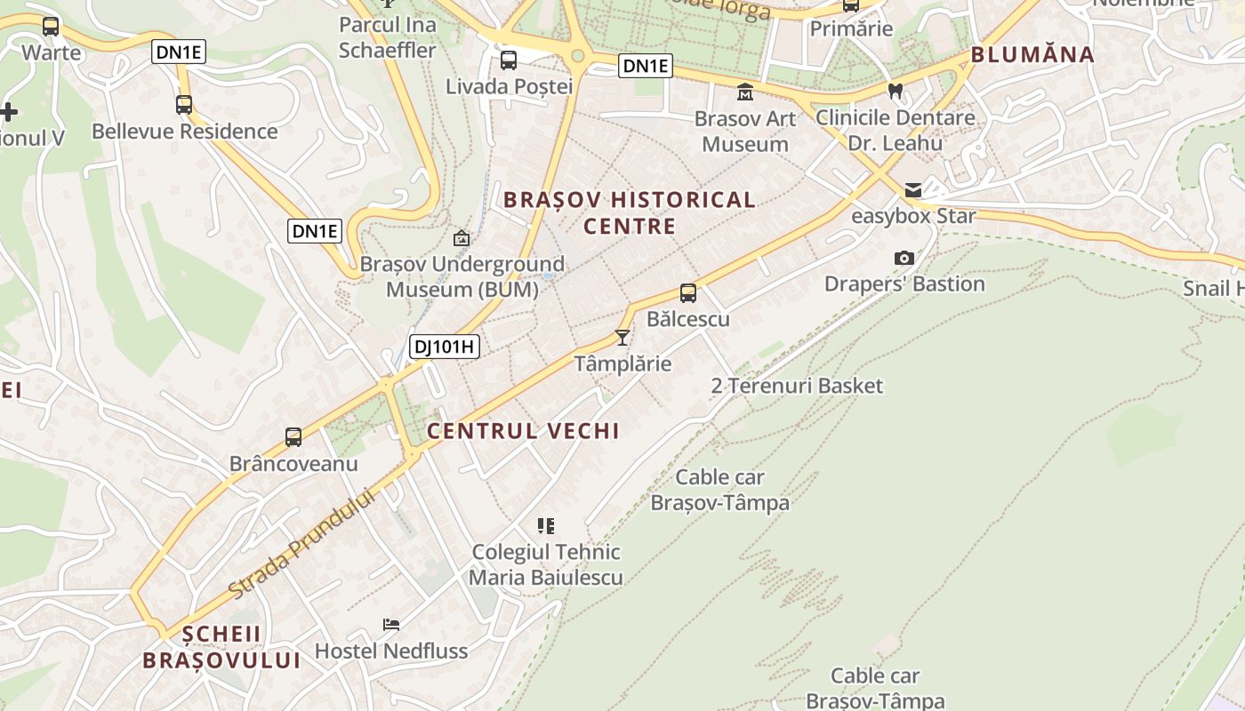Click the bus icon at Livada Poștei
point(509,60)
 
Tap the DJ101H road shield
point(445,347)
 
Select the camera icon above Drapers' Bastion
point(904,259)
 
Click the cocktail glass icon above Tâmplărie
point(622,338)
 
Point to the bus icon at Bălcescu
point(688,293)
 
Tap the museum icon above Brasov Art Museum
point(745,92)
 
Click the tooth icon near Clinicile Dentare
point(896,91)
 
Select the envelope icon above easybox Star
point(913,189)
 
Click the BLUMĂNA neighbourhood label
point(1032,55)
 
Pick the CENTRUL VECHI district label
point(523,431)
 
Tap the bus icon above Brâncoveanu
point(293,437)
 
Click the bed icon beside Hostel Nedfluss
point(391,625)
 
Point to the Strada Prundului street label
point(302,543)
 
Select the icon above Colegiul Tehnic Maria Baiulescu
point(546,526)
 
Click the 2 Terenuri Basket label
point(798,386)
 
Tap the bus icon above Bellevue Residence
point(184,105)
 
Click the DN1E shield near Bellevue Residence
point(180,52)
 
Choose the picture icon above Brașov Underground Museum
point(462,238)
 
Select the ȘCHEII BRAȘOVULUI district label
point(221,647)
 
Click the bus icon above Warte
point(51,27)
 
